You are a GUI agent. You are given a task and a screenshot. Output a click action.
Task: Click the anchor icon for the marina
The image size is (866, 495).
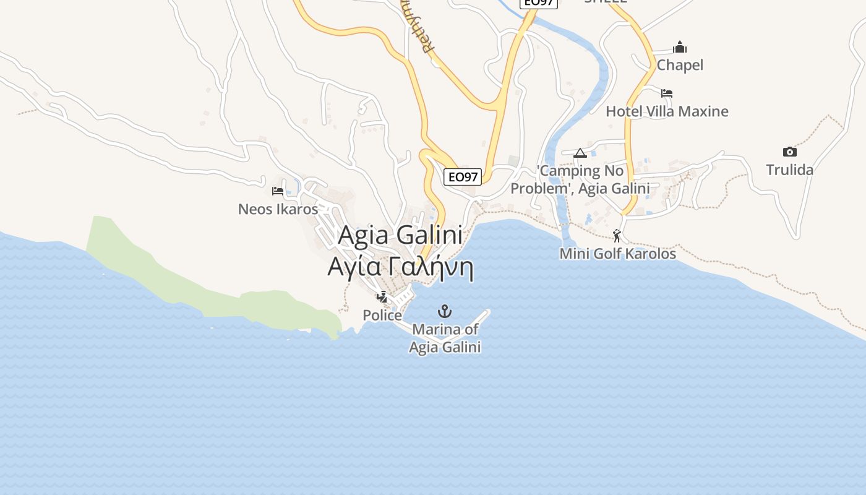pyautogui.click(x=444, y=311)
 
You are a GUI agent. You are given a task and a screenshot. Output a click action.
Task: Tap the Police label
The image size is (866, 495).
pyautogui.click(x=382, y=316)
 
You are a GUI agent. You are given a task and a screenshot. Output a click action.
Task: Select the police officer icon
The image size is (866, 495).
pyautogui.click(x=382, y=297)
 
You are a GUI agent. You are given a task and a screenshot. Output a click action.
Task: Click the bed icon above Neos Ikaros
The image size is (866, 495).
pyautogui.click(x=278, y=191)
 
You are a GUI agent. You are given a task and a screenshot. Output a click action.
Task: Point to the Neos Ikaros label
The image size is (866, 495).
pyautogui.click(x=278, y=209)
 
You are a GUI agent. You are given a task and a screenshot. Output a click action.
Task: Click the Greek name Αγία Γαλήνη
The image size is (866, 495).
pyautogui.click(x=400, y=267)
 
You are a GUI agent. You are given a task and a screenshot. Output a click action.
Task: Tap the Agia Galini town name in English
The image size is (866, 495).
pyautogui.click(x=400, y=235)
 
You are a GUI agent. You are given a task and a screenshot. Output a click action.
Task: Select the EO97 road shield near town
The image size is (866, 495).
pyautogui.click(x=463, y=177)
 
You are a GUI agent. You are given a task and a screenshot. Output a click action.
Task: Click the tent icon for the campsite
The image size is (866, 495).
pyautogui.click(x=580, y=153)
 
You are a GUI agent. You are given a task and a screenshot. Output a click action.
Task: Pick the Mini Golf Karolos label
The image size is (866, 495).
pyautogui.click(x=617, y=254)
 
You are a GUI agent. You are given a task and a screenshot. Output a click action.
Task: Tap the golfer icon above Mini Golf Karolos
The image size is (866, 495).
pyautogui.click(x=617, y=235)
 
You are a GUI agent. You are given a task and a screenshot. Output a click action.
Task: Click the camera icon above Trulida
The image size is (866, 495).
pyautogui.click(x=789, y=152)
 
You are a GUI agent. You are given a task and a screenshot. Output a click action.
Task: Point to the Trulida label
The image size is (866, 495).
pyautogui.click(x=789, y=170)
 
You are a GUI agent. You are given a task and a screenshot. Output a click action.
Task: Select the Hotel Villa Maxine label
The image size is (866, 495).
pyautogui.click(x=667, y=111)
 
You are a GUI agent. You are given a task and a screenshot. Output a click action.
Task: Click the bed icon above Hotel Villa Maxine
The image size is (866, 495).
pyautogui.click(x=666, y=93)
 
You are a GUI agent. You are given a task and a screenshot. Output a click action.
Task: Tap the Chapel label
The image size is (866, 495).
pyautogui.click(x=680, y=65)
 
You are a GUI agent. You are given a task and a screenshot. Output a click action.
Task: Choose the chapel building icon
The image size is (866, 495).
pyautogui.click(x=680, y=47)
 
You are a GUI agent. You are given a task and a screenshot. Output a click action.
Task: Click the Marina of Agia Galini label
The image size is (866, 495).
pyautogui.click(x=445, y=338)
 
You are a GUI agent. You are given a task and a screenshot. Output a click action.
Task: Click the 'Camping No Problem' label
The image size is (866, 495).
pyautogui.click(x=580, y=179)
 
